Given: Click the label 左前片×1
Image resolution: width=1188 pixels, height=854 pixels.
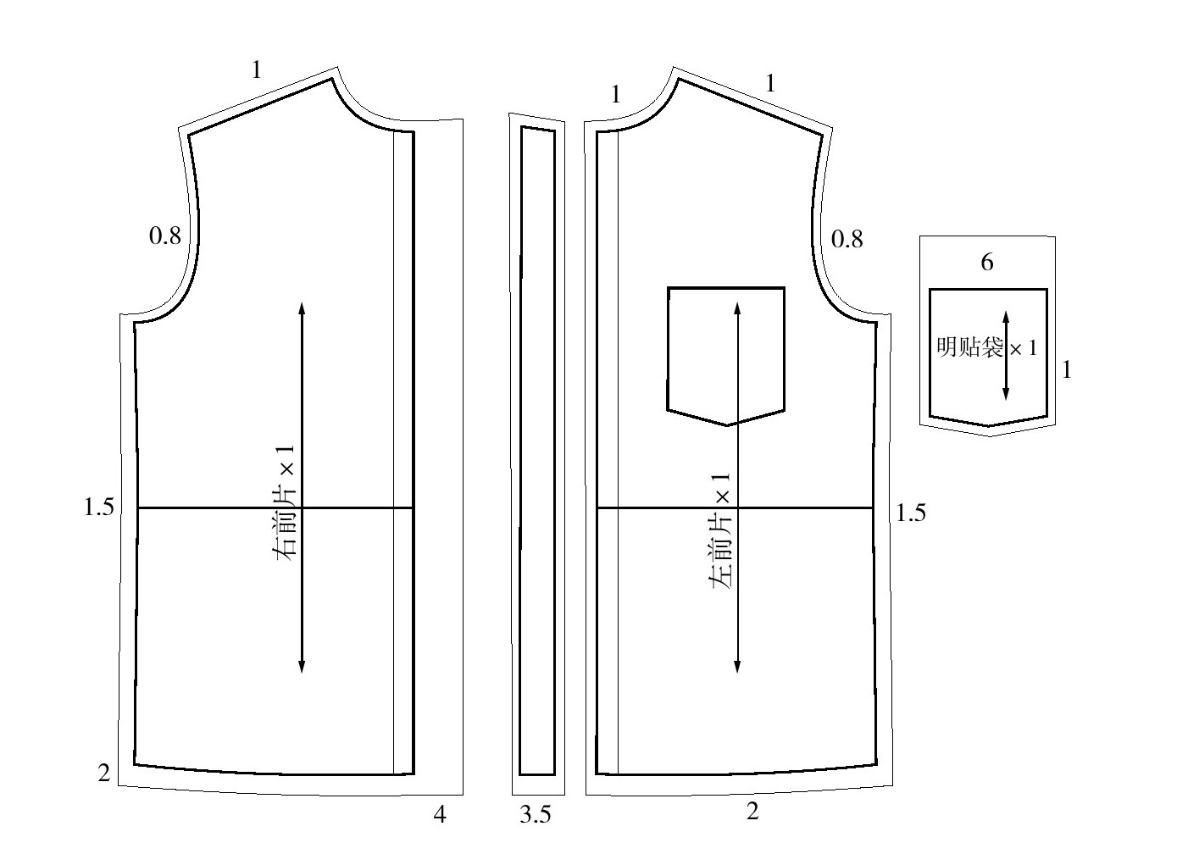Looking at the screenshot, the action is coord(719,531).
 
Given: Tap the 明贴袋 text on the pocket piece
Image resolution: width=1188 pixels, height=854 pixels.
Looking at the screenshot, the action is coord(970,347).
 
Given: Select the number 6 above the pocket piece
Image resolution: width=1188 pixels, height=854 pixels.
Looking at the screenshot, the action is coord(987,262).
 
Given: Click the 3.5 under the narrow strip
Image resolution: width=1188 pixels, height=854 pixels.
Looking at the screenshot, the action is coord(536,815).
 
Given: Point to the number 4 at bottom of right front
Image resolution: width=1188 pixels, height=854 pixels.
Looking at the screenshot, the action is coord(440,814).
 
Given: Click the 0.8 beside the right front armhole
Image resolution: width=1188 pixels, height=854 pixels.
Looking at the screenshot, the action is coord(165,236).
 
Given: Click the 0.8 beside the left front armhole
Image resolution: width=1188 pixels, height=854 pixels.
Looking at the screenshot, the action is coord(847,239).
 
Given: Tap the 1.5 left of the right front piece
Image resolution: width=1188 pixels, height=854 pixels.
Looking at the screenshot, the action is coord(98,507).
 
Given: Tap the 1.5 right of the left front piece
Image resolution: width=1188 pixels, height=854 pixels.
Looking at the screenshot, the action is coord(911,513).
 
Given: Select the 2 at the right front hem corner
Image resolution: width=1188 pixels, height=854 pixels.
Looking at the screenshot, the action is coord(104,774).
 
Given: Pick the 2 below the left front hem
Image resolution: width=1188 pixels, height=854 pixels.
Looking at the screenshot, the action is coord(752,811).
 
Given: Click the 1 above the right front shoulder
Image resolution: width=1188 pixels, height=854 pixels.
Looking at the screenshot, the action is coord(257,69).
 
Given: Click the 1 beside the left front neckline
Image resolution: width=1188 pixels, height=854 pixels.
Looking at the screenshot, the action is coord(615,94).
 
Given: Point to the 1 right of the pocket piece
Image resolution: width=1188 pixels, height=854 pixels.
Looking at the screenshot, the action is coord(1067,369).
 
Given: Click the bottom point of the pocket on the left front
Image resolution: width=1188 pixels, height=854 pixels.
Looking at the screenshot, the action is coord(726,424).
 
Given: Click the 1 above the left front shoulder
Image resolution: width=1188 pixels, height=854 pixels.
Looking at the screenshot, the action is coord(770,83).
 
